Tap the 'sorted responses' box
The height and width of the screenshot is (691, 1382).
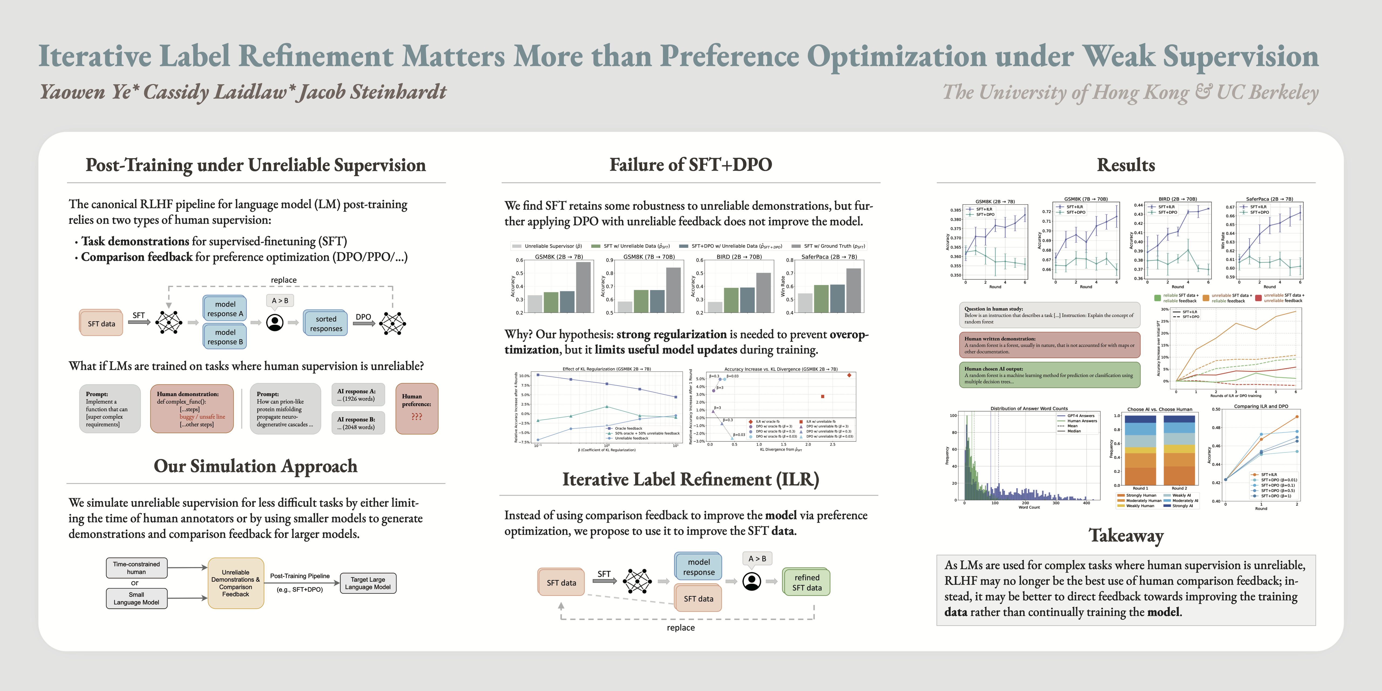coord(326,324)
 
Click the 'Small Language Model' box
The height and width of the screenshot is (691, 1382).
coord(136,598)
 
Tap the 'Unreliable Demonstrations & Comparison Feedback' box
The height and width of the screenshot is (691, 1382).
coord(236,583)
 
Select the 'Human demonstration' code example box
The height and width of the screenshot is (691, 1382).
coord(192,409)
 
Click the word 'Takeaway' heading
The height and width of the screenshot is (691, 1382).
coord(1126,536)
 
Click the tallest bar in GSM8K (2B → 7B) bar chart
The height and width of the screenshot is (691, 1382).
coord(583,287)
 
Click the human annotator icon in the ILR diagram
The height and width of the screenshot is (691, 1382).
coord(752,581)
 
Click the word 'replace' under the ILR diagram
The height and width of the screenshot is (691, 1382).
coord(680,628)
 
